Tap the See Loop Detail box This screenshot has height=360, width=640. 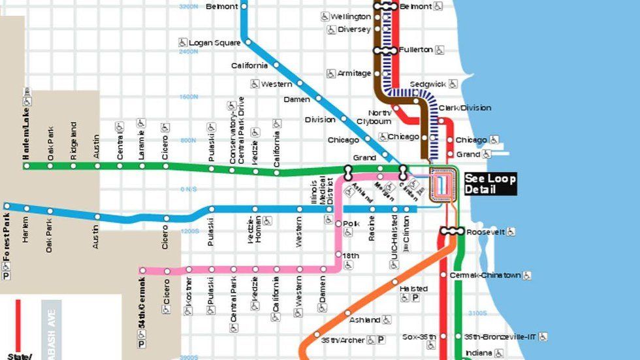coord(490,184)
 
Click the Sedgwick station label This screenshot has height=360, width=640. coord(427,84)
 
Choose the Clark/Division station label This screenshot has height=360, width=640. coord(464,108)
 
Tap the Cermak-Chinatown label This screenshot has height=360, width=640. coord(485,275)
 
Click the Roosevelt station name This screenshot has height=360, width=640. coord(485,231)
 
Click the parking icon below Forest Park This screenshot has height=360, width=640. coord(7,276)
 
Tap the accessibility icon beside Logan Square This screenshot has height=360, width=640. coord(184,42)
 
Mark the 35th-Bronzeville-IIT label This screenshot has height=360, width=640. coord(500,337)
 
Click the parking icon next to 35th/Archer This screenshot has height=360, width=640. coord(381,340)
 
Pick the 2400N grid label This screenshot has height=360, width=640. coord(187,51)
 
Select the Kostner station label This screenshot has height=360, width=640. coord(189,290)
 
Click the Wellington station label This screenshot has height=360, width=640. coord(350,16)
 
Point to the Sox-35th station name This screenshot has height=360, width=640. coord(419,337)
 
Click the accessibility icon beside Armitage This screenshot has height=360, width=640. coord(330,74)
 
